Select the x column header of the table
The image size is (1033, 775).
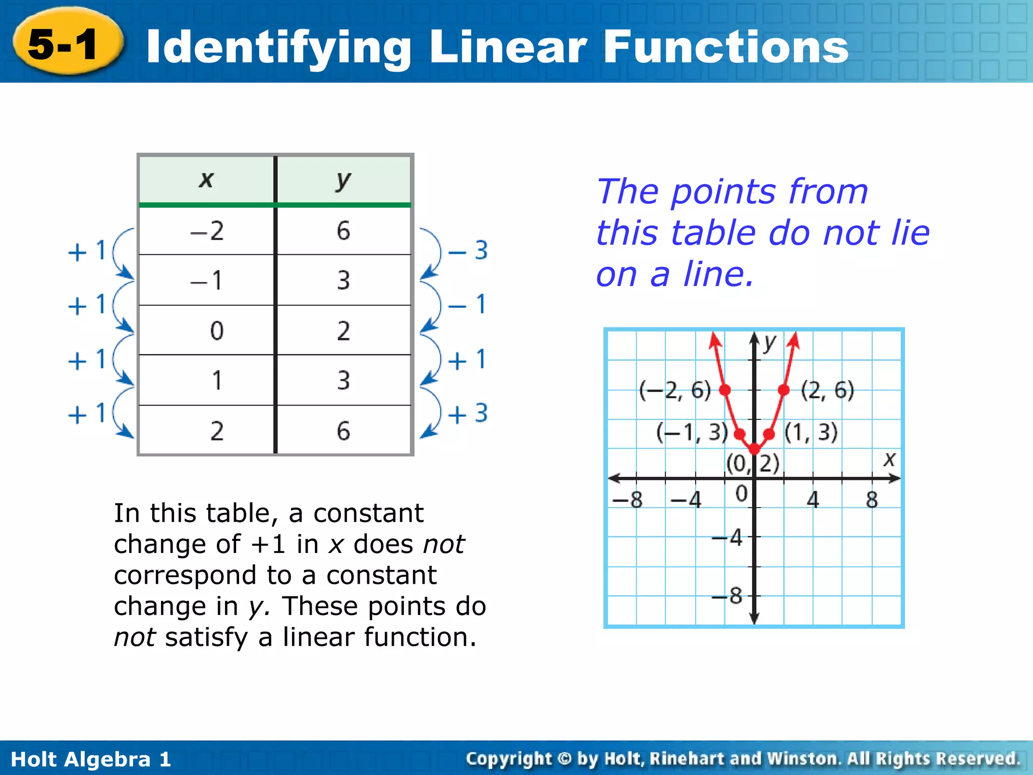(206, 180)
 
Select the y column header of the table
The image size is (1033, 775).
(343, 180)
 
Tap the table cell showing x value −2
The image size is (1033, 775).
(207, 231)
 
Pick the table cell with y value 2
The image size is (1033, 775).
(343, 331)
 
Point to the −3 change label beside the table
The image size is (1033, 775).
(468, 250)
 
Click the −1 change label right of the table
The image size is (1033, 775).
(468, 305)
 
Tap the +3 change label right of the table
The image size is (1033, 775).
(468, 414)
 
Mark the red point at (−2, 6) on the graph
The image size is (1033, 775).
(725, 390)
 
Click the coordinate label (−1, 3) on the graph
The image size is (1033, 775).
(692, 432)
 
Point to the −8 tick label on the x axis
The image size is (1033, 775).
(627, 500)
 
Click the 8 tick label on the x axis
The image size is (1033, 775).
(872, 500)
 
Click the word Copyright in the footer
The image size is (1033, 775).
(509, 758)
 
